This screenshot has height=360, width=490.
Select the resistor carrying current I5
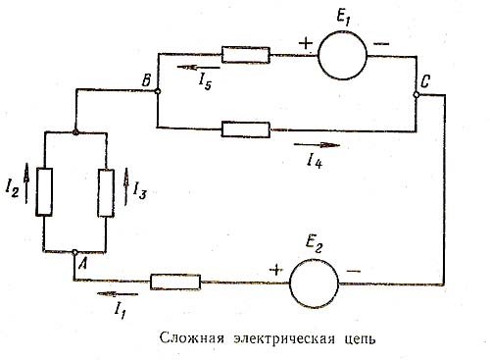point(239,54)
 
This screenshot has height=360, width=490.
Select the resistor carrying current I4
point(240,128)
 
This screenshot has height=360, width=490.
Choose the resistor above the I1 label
point(177,283)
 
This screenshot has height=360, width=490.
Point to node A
point(75,252)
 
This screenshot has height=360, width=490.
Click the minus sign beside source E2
point(353,270)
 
